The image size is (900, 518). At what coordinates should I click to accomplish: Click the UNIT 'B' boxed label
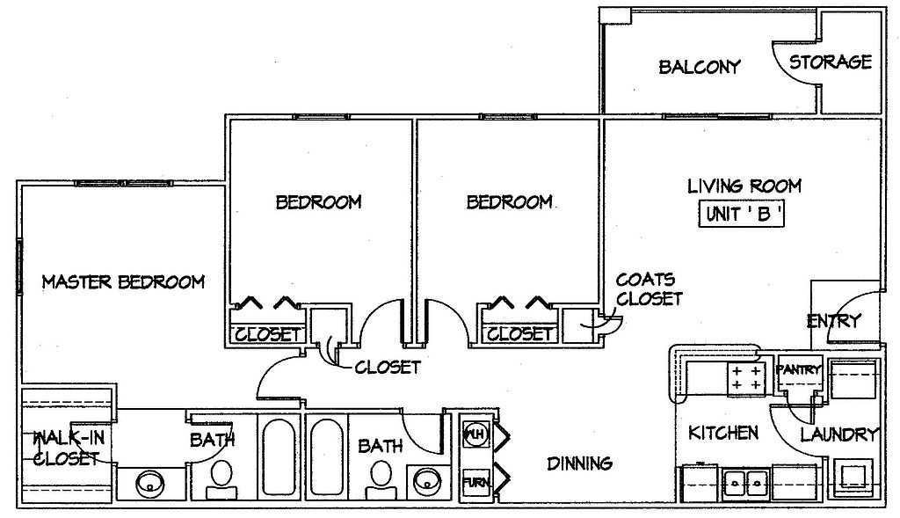point(742,215)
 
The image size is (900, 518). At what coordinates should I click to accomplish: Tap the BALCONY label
point(699,67)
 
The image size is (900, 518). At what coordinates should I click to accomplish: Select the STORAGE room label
point(830,62)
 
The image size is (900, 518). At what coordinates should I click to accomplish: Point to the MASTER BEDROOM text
point(123,281)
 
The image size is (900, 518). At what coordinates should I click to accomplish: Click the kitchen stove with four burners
point(746,379)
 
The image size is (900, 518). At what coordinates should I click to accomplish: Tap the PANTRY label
point(798,370)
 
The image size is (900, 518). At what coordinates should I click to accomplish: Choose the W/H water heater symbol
point(475,434)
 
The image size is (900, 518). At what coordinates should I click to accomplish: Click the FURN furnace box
point(475,481)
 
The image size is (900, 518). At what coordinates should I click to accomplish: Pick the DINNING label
point(579,463)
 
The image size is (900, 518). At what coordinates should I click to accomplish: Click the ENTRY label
point(834,320)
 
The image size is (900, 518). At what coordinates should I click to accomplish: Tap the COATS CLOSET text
point(649,288)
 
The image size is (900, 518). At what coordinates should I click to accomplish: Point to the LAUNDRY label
point(839,434)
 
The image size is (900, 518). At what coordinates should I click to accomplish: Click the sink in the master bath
point(149,484)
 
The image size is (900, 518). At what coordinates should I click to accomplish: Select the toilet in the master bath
point(221,480)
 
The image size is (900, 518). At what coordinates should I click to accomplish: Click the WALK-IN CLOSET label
point(68,448)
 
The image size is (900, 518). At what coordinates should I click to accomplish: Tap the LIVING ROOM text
point(744,186)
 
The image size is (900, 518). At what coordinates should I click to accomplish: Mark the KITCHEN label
point(723,433)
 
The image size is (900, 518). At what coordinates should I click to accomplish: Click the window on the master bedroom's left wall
point(19,267)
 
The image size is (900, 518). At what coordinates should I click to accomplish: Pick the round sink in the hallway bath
point(427,481)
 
